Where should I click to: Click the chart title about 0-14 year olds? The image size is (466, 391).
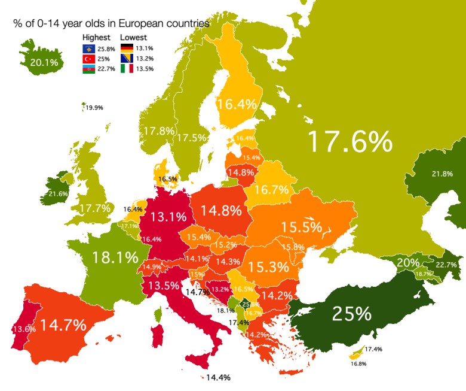[111, 24]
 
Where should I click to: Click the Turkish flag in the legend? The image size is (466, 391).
[88, 58]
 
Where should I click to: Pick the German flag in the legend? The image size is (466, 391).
[127, 48]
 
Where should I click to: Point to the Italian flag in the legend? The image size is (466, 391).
[127, 69]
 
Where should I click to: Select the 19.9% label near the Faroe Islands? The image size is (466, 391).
[94, 108]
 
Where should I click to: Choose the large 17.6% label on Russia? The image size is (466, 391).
[349, 141]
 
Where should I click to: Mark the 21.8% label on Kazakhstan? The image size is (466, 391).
[442, 174]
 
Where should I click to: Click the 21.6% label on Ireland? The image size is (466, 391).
[59, 194]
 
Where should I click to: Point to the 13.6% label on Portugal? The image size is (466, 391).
[22, 328]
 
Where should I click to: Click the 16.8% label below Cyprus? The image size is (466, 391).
[358, 363]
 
